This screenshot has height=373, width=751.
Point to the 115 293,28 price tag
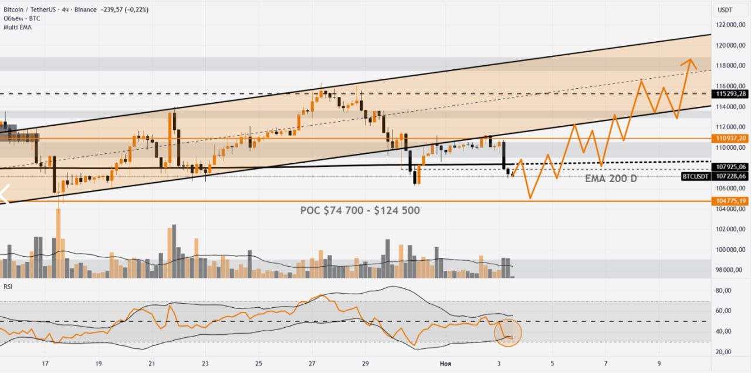tap(730, 93)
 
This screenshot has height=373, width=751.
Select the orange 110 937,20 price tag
tap(730, 138)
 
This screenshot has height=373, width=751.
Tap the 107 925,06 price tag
tap(730, 167)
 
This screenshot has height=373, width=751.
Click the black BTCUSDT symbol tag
tap(696, 176)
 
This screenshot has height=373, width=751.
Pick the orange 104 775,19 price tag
tap(730, 201)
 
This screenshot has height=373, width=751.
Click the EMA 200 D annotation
tap(610, 179)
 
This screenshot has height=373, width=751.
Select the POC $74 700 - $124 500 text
tap(360, 210)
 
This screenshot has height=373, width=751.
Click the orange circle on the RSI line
tap(508, 332)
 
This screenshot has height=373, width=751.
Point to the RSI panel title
tap(9, 286)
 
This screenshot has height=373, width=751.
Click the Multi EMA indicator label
tap(17, 27)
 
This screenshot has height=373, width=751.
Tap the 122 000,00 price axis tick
tap(730, 25)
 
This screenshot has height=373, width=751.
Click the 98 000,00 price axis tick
tap(730, 270)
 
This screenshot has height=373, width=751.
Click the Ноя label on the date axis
tap(445, 364)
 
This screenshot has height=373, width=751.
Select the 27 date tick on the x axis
tap(312, 364)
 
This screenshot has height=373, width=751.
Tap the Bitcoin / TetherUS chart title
tap(33, 9)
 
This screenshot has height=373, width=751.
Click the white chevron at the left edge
tap(5, 194)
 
